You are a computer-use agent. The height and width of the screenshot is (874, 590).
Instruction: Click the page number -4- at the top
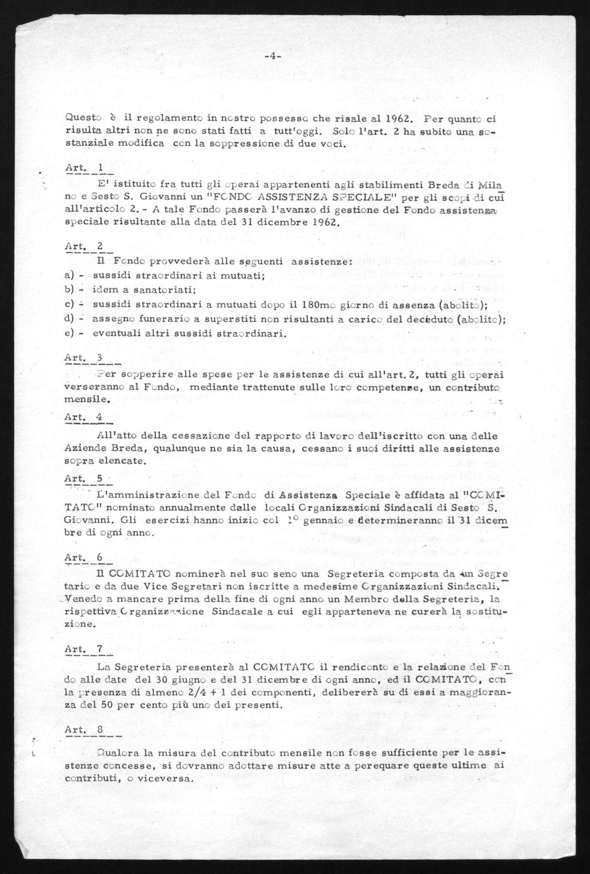272,56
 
